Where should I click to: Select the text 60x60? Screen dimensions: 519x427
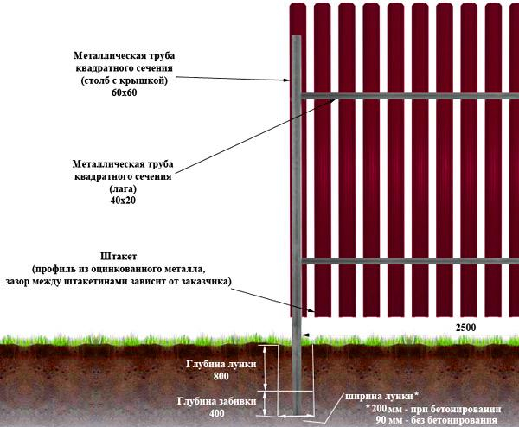click(125, 92)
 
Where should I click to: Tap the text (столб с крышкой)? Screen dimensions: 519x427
click(125, 80)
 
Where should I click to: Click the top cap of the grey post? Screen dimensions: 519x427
click(296, 37)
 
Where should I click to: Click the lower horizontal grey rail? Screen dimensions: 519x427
click(407, 260)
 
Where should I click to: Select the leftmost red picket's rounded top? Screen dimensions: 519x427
click(298, 6)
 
